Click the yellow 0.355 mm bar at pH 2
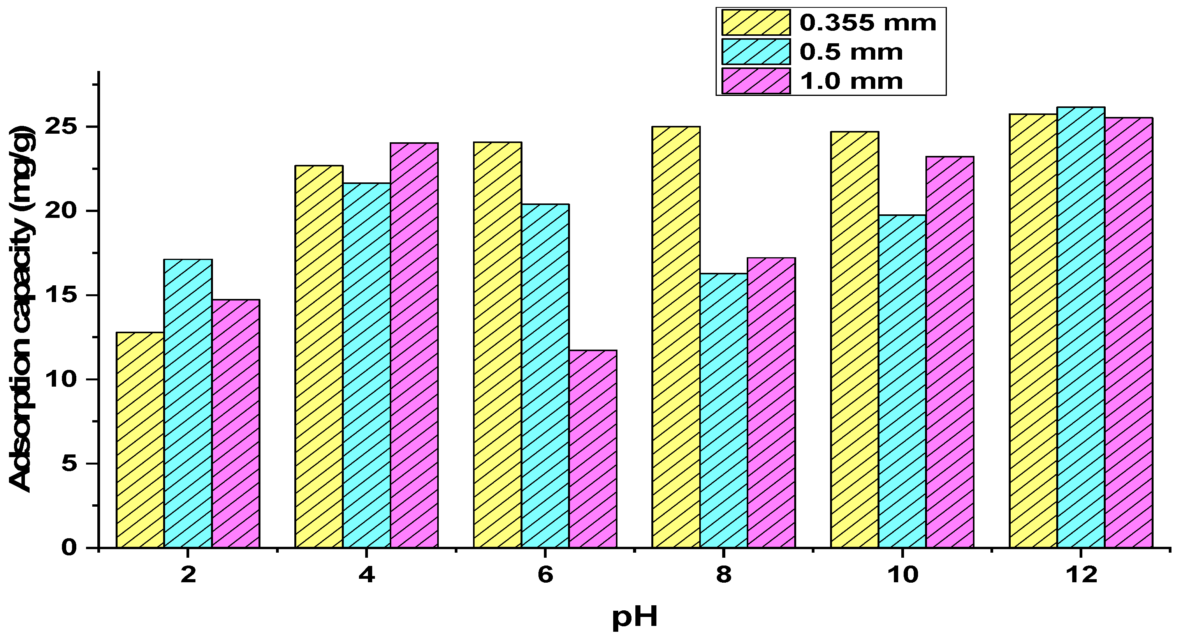[141, 440]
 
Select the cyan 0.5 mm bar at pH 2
[188, 403]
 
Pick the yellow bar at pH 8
[676, 337]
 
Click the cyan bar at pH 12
[1081, 327]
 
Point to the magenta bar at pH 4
[414, 345]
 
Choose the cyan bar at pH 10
[902, 381]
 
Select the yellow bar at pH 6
[498, 345]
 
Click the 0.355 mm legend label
[868, 23]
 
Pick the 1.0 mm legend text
[851, 81]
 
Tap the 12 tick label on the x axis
[1081, 574]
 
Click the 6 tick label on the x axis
[545, 574]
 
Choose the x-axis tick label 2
[188, 574]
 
